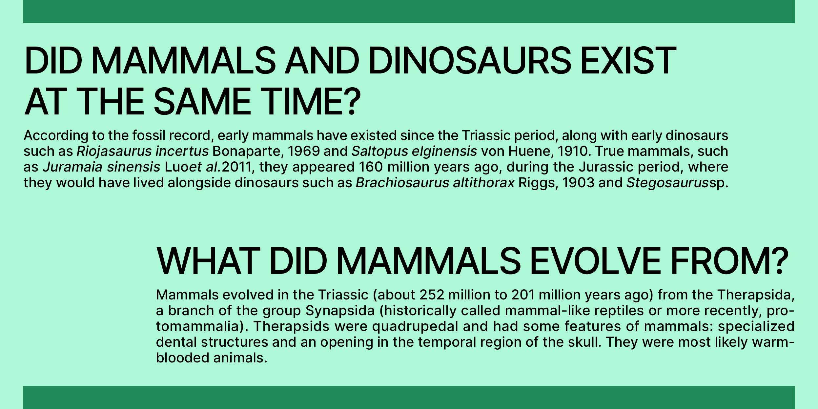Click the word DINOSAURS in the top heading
470,61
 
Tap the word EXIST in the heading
628,61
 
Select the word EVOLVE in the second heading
595,261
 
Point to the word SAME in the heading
202,101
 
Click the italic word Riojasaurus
114,152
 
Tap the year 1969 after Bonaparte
303,151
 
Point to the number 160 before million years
371,167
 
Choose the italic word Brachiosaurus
402,183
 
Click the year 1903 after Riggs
578,183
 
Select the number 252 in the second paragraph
432,295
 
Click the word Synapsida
340,311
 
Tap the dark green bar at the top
409,11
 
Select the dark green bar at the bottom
409,397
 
